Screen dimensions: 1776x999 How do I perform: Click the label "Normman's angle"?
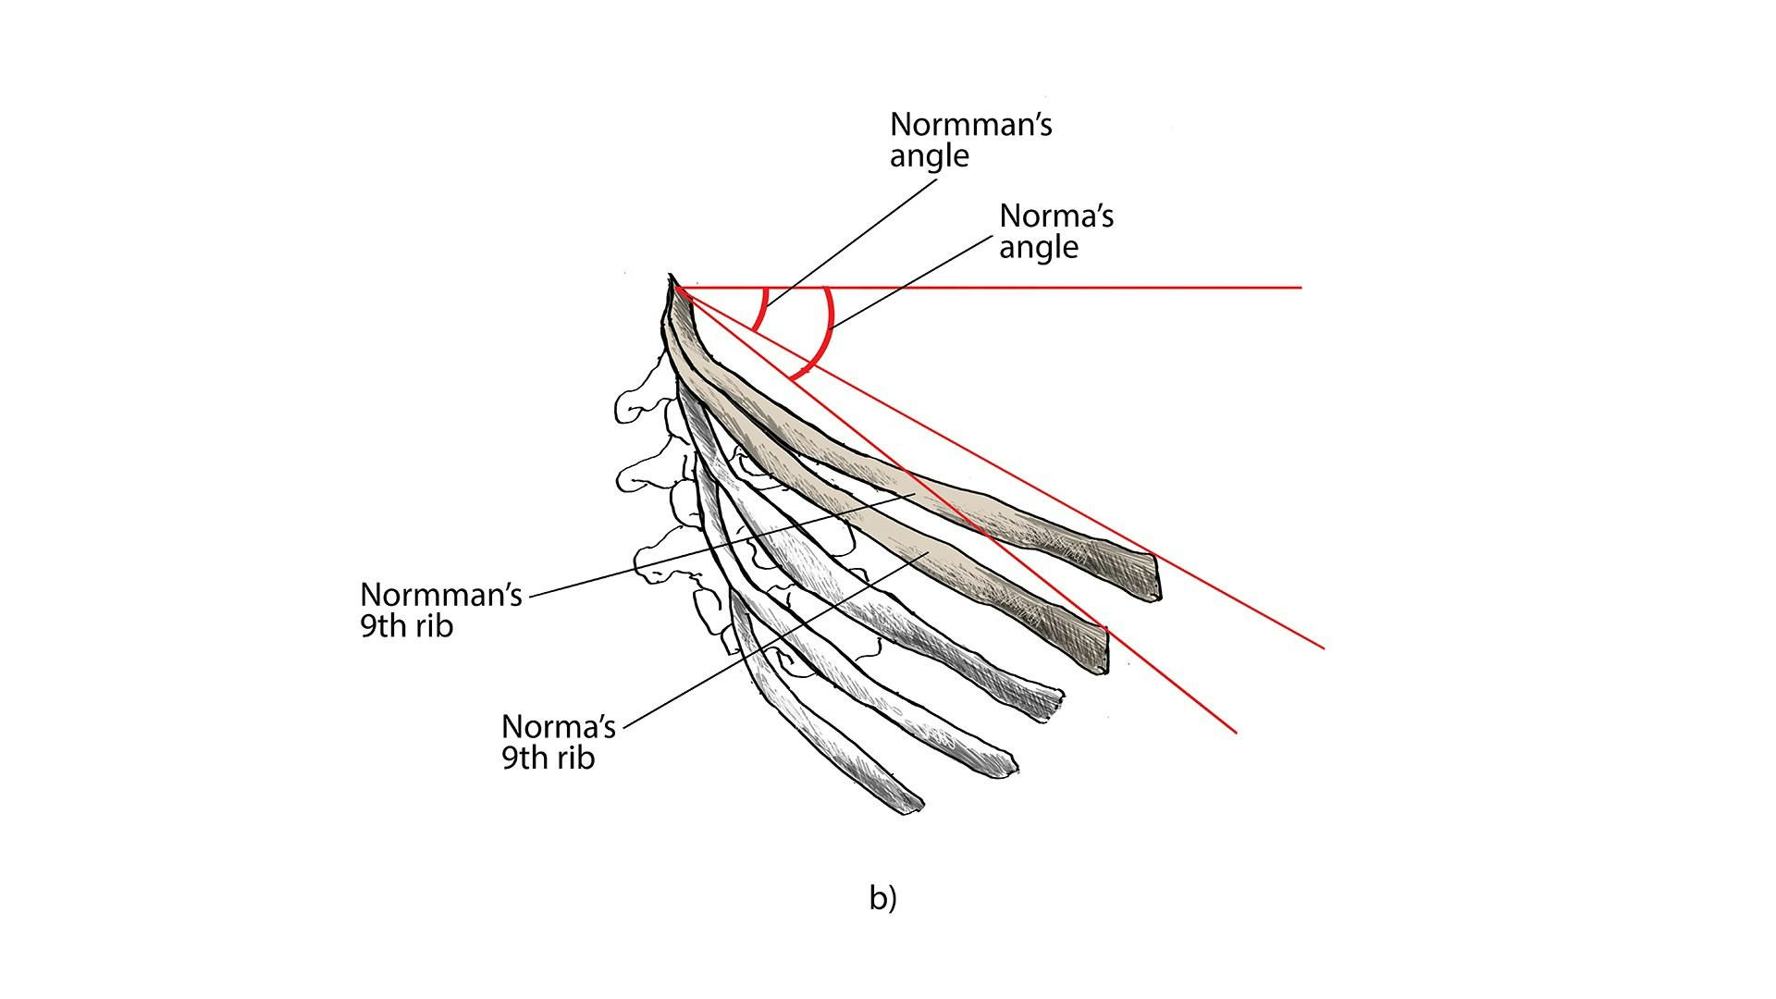coord(970,140)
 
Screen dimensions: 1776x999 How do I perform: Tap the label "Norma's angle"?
coord(1056,231)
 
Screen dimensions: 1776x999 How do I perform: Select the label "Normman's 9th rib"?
coord(441,610)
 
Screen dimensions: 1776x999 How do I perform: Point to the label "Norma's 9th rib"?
coord(559,741)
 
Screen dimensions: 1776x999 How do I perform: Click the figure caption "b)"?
coord(882,897)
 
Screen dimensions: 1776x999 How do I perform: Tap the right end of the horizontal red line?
coord(1301,288)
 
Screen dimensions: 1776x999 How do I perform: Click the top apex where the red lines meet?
coord(676,289)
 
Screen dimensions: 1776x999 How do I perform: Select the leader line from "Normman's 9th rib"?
coord(723,545)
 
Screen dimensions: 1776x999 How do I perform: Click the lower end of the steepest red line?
coord(1236,732)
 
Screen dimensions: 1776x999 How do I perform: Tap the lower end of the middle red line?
coord(1324,648)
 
